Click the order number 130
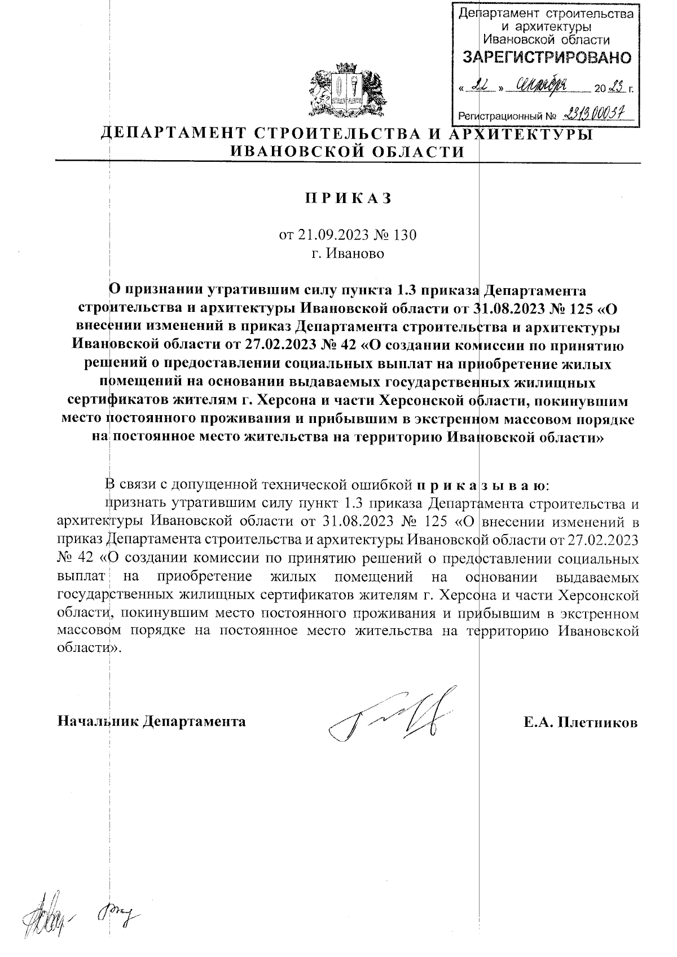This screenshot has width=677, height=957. click(404, 235)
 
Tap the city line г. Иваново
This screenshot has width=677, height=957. click(348, 253)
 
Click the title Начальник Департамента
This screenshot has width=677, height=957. click(152, 721)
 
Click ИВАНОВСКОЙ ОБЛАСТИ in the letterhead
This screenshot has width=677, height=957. click(348, 152)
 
